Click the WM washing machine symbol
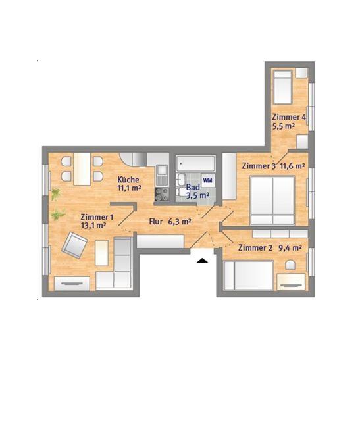coord(207,180)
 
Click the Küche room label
coord(128,180)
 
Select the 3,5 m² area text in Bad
coord(197,195)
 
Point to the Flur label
coord(156,222)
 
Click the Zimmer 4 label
coord(289,117)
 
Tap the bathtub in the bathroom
coord(195,164)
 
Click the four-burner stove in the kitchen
coord(162,194)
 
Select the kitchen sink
coord(162,175)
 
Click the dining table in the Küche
coord(82,168)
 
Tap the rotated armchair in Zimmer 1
coord(74,245)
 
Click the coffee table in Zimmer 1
coord(102,253)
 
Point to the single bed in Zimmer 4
coord(282,88)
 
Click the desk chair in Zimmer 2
coord(290,265)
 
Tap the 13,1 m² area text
coord(93,226)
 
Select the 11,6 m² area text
coord(293,166)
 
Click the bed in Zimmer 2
coord(248,276)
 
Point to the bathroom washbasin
coord(181,180)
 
